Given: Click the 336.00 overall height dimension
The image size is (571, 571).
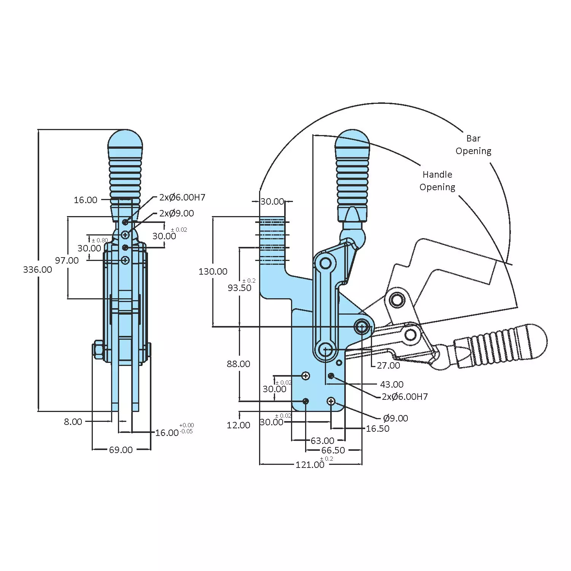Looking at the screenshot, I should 37,270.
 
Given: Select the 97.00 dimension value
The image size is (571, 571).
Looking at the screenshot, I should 67,261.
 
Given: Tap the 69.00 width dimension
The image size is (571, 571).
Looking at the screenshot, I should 121,450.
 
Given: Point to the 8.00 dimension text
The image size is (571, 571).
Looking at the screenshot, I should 73,422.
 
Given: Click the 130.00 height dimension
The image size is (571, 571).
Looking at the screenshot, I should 213,272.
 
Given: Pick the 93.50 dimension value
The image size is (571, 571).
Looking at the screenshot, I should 240,288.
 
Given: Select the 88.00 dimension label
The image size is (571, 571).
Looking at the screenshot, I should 239,364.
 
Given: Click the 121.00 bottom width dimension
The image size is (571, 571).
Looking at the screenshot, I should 310,465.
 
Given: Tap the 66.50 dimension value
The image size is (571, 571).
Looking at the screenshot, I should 333,450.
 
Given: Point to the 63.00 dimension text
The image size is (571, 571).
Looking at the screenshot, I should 322,441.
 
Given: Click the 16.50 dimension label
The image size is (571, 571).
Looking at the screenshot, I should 377,429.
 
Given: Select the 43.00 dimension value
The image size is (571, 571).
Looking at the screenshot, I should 391,385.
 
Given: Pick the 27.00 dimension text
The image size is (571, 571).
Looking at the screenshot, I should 388,366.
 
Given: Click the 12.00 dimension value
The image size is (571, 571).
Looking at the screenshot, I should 239,425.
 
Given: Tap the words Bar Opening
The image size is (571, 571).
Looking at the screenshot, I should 473,145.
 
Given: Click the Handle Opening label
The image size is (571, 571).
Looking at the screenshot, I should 437,181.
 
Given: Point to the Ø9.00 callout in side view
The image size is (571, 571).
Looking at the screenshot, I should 395,418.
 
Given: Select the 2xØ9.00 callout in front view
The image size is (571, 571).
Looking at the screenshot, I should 177,213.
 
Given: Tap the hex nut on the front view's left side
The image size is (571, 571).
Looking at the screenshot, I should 98,350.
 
